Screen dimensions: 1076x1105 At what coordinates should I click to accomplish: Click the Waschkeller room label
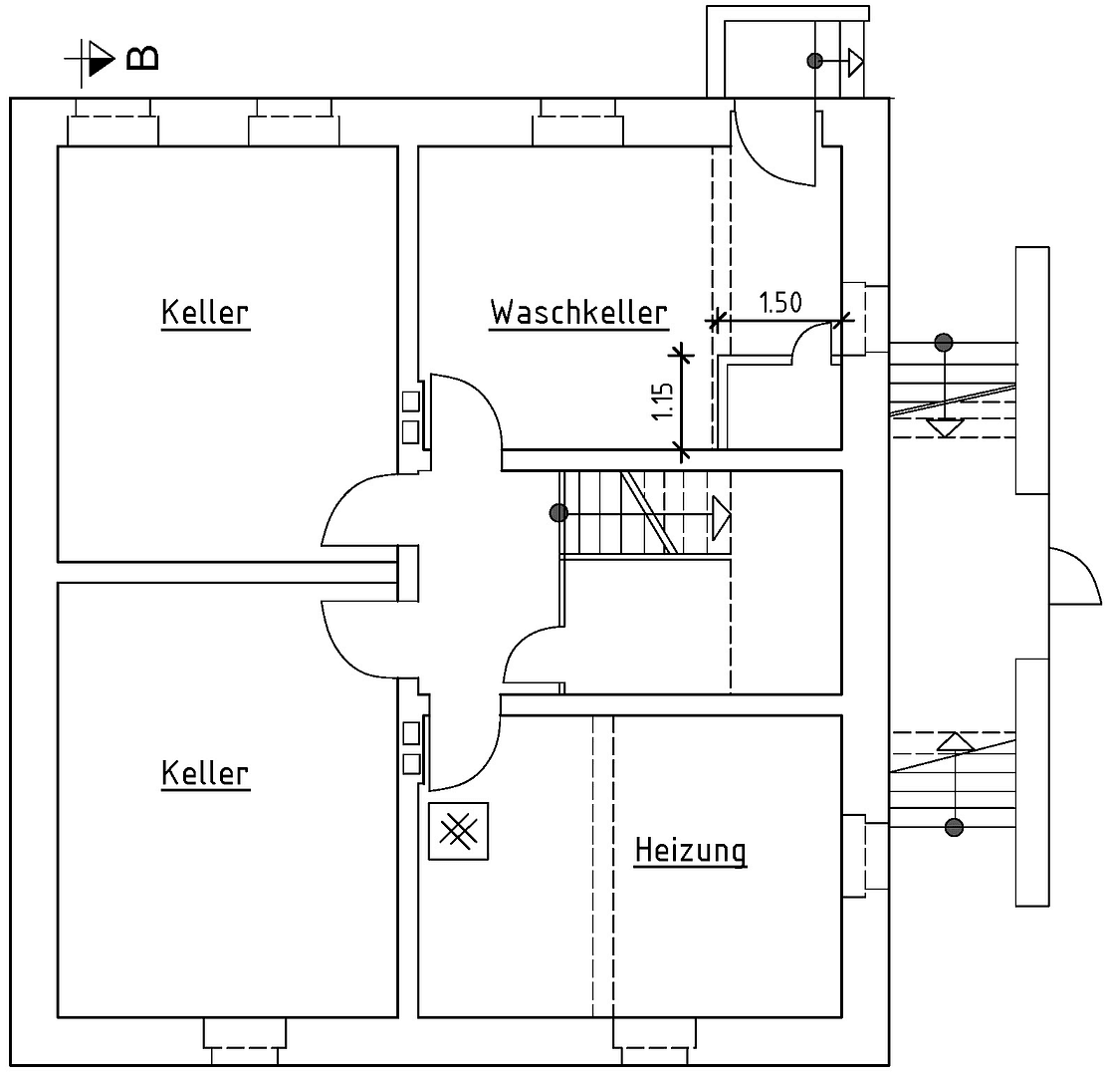coord(578,312)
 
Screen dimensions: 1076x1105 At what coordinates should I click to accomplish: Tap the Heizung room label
coord(690,851)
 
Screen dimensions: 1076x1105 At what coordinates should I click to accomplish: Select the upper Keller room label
coord(205,312)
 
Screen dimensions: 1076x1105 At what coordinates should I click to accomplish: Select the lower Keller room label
coord(205,773)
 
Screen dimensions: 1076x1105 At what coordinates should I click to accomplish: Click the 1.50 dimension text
coord(779,303)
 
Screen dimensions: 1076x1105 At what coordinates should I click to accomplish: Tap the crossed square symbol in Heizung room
coord(458,831)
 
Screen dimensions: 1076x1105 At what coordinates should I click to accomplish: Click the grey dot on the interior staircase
coord(558,513)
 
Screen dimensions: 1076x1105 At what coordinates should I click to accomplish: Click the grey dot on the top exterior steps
coord(814,61)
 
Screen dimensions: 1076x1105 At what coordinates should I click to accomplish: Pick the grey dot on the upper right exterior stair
coord(944,343)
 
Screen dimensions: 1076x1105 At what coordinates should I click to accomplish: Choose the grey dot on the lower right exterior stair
coord(954,827)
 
